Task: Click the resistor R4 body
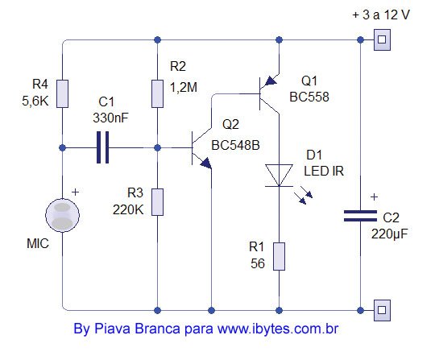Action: pyautogui.click(x=62, y=93)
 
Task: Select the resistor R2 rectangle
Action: pyautogui.click(x=157, y=93)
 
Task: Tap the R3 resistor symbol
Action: pyautogui.click(x=157, y=202)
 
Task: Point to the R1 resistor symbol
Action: pyautogui.click(x=279, y=257)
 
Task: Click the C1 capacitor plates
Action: pyautogui.click(x=102, y=147)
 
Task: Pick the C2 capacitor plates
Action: pyautogui.click(x=360, y=216)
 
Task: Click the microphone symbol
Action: pyautogui.click(x=62, y=215)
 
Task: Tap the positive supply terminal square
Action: pyautogui.click(x=382, y=39)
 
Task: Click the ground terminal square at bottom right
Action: pyautogui.click(x=382, y=310)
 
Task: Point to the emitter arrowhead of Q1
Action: pyautogui.click(x=271, y=81)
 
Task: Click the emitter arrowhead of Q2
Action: pyautogui.click(x=206, y=163)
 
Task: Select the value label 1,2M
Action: pyautogui.click(x=184, y=88)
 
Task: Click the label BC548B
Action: pyautogui.click(x=235, y=145)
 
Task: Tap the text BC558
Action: pyautogui.click(x=309, y=97)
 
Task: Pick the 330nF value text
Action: pyautogui.click(x=110, y=118)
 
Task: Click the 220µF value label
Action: pyautogui.click(x=390, y=234)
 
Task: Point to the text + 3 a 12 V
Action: pyautogui.click(x=381, y=14)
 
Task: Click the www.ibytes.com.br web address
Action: pyautogui.click(x=278, y=329)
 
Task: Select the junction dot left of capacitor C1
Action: pyautogui.click(x=62, y=148)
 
